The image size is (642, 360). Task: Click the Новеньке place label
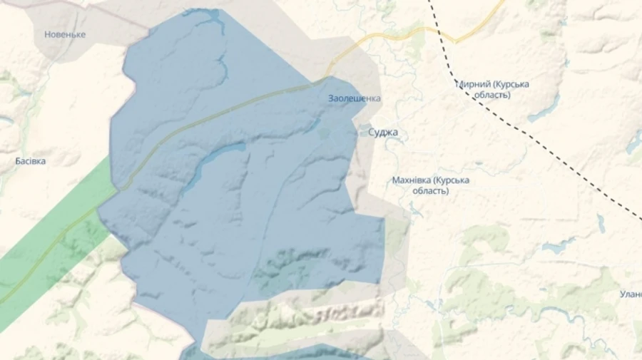click(65, 34)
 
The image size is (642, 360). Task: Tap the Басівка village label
click(31, 161)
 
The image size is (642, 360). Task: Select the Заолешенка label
click(354, 98)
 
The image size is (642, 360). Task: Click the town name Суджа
click(383, 133)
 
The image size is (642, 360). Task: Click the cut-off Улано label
click(631, 294)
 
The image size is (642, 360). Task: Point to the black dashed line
click(542, 143)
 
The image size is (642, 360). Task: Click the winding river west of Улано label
click(564, 314)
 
